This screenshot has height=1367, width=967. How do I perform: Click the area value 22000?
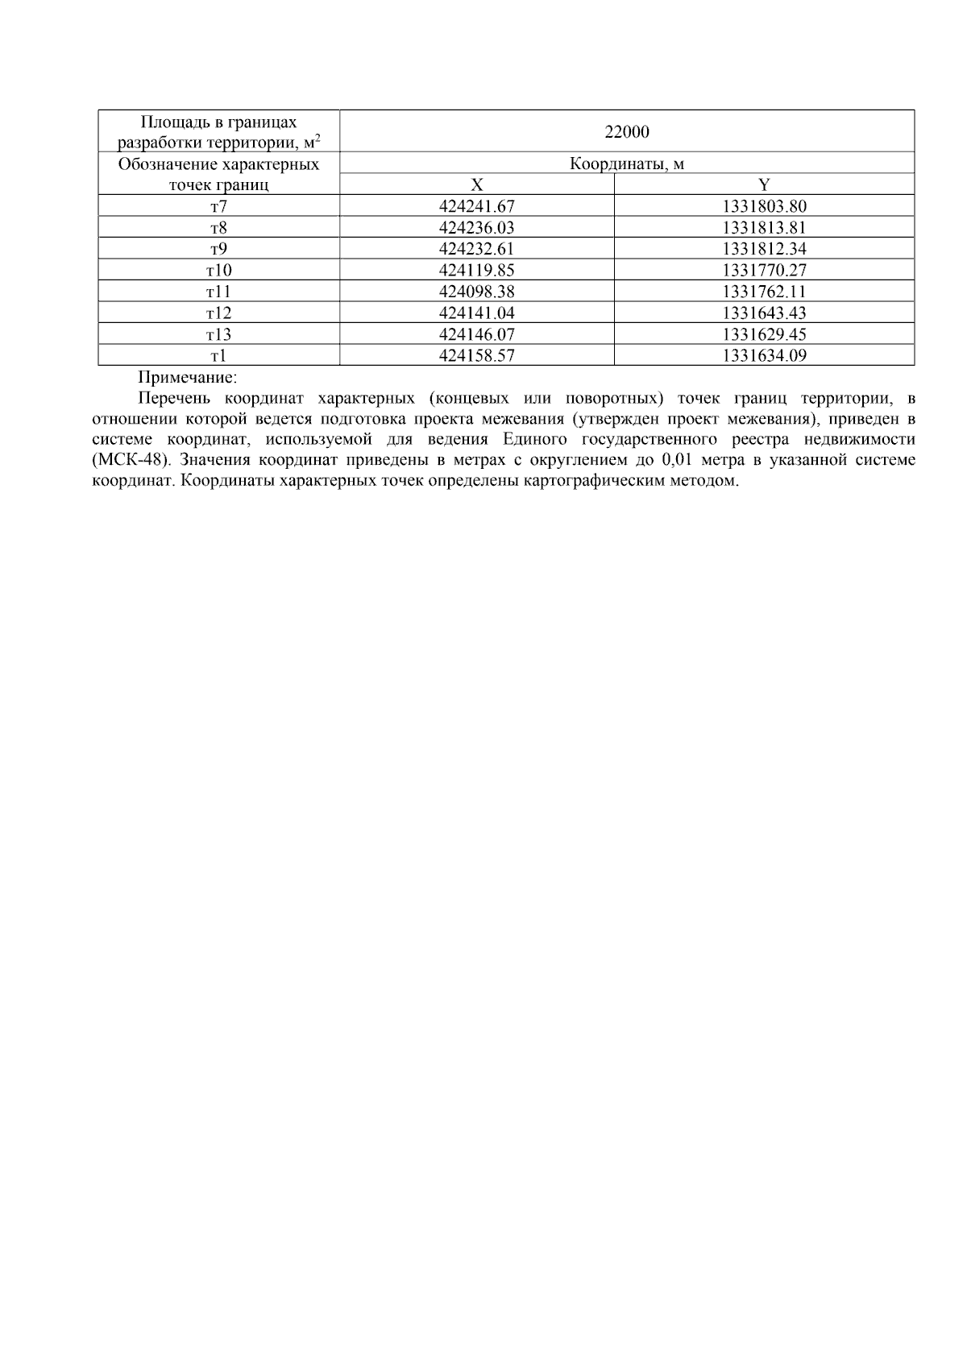627,131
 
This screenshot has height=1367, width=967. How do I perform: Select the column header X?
476,184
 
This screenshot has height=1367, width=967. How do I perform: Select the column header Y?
764,184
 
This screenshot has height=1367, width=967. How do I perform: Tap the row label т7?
218,206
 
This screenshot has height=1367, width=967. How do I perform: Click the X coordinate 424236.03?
476,228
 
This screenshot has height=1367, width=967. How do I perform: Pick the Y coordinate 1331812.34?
764,249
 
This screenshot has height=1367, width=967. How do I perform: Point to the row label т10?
218,271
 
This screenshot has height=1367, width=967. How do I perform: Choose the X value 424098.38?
476,292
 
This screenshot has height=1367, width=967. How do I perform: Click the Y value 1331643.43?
764,313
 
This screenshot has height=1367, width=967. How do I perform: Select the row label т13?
218,334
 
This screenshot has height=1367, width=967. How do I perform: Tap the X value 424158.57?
476,355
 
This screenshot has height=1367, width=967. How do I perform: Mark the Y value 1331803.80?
764,206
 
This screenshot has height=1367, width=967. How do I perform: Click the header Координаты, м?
627,164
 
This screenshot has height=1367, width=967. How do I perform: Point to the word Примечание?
188,377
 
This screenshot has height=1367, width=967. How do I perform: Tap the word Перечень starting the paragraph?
173,398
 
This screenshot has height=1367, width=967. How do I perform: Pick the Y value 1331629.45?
764,334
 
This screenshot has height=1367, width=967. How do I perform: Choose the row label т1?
218,355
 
